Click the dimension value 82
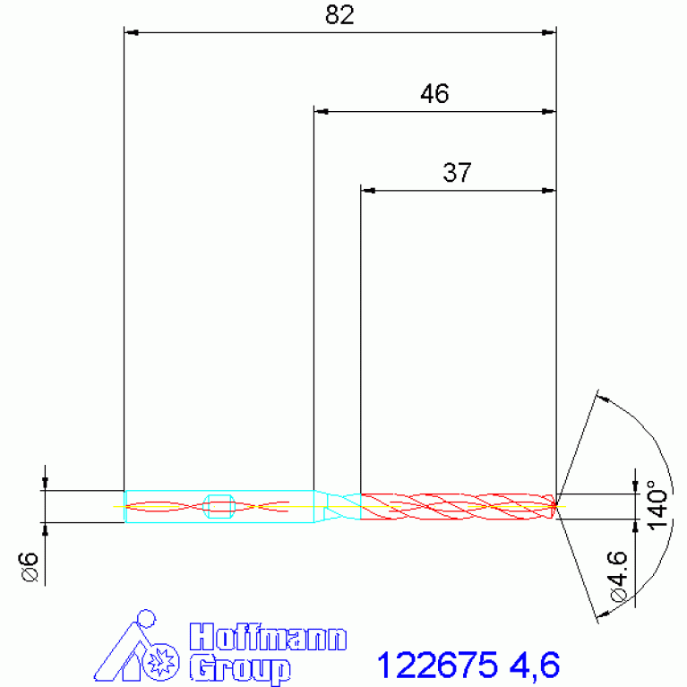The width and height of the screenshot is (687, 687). (339, 15)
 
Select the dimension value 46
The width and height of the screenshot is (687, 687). (434, 94)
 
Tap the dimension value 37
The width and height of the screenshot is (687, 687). (457, 173)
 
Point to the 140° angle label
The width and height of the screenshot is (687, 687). (657, 505)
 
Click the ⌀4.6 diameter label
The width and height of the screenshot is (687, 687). (617, 577)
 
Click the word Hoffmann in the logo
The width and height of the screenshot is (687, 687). (268, 637)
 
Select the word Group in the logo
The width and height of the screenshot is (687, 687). (240, 668)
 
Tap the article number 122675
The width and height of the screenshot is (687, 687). (437, 665)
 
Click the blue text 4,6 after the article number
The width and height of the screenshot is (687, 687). (535, 666)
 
